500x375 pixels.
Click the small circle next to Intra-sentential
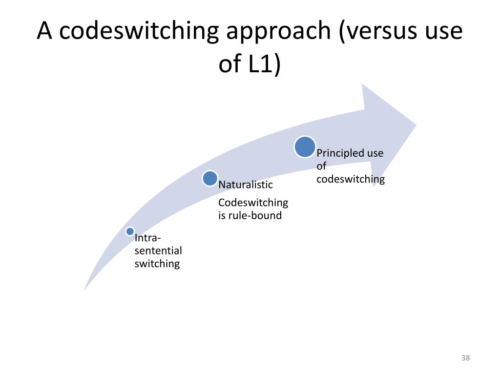(x=129, y=231)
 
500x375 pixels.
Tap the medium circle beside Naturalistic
(x=210, y=178)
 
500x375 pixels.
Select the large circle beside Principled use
(x=305, y=147)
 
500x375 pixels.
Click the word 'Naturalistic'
(x=246, y=185)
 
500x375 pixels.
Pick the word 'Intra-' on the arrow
(x=148, y=238)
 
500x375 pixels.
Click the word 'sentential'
(x=158, y=251)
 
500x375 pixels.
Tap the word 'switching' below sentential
(x=157, y=264)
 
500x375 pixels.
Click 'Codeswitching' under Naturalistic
(x=253, y=203)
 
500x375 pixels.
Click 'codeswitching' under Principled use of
(x=351, y=179)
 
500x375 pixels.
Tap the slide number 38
(x=465, y=358)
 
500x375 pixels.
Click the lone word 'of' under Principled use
(x=321, y=166)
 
